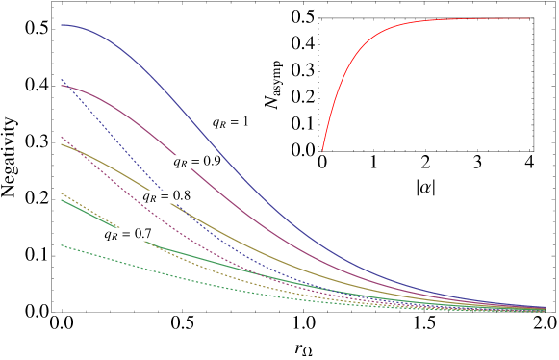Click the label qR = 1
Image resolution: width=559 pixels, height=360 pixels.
tap(231, 122)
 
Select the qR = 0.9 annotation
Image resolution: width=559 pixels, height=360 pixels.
tap(197, 162)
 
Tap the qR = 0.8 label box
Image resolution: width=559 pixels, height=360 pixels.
tap(166, 196)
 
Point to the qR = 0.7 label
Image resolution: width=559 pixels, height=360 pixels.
tap(128, 234)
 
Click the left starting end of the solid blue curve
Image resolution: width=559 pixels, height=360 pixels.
tap(62, 25)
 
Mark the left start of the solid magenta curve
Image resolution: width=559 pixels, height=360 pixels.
tap(62, 86)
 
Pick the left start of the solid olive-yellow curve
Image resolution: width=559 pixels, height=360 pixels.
tap(62, 144)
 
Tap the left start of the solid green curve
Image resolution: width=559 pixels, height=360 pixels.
tap(62, 200)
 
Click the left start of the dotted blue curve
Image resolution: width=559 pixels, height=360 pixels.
tap(62, 79)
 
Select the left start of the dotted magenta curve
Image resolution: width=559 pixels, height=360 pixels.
tap(62, 136)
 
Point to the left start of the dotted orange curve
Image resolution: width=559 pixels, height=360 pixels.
tap(62, 193)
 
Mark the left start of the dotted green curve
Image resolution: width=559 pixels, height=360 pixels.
tap(62, 245)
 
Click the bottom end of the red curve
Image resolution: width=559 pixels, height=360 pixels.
tap(322, 152)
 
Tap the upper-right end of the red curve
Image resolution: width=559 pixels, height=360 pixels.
tap(529, 18)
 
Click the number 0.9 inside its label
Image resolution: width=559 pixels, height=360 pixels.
tap(212, 162)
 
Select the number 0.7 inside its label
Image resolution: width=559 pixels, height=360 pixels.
tap(142, 234)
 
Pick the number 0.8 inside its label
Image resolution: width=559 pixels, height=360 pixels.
tap(181, 196)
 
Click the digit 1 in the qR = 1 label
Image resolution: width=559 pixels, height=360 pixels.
tap(245, 122)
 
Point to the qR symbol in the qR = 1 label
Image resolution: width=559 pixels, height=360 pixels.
tap(219, 123)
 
